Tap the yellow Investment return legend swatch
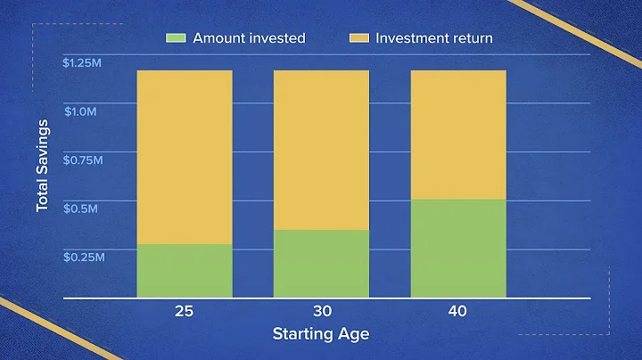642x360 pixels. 357,38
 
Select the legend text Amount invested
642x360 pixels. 249,38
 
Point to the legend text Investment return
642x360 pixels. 433,38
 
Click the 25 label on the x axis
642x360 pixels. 185,311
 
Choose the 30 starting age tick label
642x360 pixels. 321,311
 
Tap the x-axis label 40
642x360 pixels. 457,311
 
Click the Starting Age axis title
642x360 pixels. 320,335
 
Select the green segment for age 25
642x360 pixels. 185,270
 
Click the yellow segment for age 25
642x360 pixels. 185,157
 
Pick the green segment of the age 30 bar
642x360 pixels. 321,263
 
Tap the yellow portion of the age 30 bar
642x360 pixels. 321,150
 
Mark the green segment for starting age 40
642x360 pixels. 457,248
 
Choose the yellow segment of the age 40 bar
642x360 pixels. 457,134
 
